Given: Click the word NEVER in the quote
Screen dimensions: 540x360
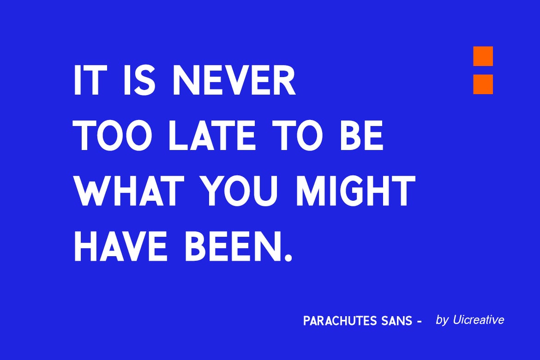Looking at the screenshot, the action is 234,80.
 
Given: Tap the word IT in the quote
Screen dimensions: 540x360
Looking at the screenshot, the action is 88,80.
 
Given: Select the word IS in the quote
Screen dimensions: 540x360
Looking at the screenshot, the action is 139,80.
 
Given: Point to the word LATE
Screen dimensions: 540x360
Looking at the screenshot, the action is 212,135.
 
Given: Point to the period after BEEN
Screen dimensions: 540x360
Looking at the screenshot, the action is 288,258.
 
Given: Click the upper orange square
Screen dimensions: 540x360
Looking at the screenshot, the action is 483,56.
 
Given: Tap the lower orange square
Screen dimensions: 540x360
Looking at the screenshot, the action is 483,84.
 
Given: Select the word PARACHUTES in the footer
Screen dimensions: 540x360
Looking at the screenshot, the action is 340,321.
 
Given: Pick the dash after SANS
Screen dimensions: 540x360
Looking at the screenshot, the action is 419,322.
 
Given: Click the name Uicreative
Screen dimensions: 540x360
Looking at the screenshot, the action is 479,320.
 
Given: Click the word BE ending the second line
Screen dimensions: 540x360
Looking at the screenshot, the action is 361,135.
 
